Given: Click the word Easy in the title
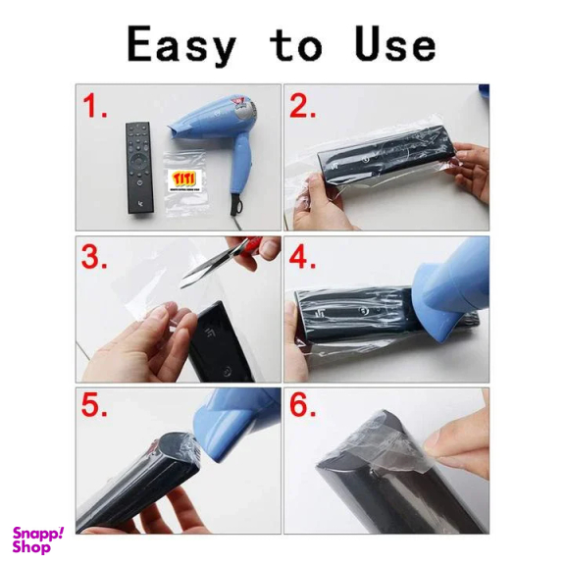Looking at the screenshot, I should pos(181,45).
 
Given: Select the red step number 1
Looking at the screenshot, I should pos(95,108).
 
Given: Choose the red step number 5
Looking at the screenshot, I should pos(95,407).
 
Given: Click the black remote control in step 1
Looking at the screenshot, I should pos(140,169).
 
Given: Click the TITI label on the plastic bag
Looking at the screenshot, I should pos(184,179).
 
